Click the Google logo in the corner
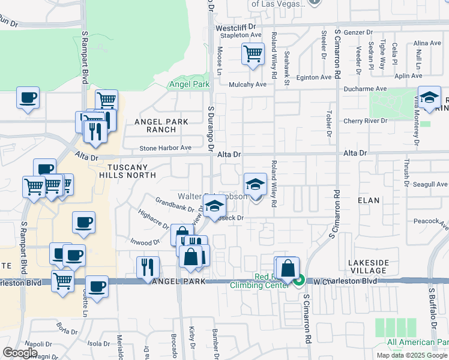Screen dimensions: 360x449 [x=20, y=353]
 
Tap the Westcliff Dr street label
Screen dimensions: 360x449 [x=235, y=27]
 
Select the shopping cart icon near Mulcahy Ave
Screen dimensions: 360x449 [x=253, y=54]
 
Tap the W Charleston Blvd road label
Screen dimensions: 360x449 [x=345, y=281]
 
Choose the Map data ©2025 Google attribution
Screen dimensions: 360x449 [x=412, y=355]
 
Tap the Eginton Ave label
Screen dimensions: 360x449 [x=313, y=77]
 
